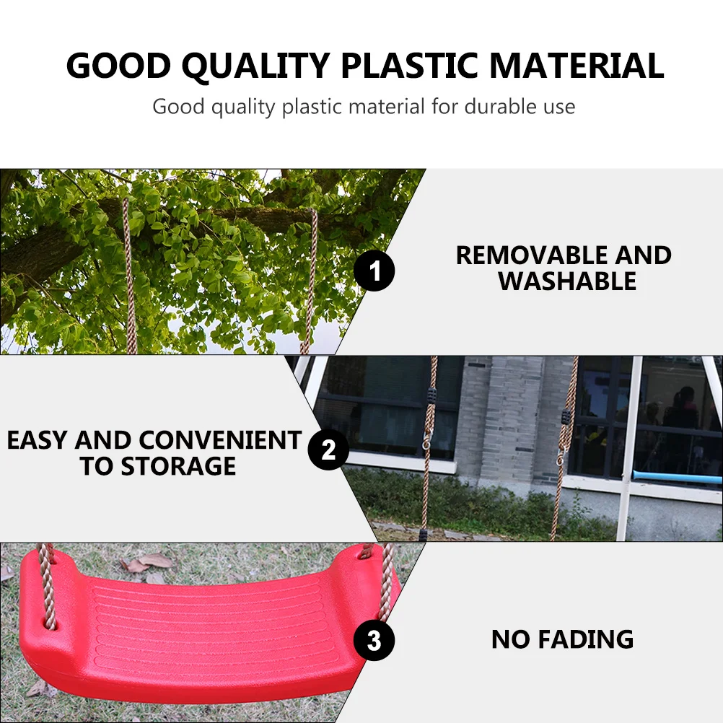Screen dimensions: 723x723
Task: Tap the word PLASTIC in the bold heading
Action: point(409,66)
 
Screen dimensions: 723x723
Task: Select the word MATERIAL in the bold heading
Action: point(577,66)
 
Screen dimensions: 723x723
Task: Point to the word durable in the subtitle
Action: point(494,107)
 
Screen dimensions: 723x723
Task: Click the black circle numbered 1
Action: point(374,271)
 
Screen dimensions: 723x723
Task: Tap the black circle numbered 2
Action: point(328,450)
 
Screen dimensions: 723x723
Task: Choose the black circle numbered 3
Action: point(374,641)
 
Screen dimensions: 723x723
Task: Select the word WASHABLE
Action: point(567,281)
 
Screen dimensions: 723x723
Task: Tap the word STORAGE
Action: point(178,466)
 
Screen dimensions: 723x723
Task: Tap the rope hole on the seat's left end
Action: point(49,623)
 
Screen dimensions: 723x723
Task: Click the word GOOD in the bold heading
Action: point(118,66)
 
